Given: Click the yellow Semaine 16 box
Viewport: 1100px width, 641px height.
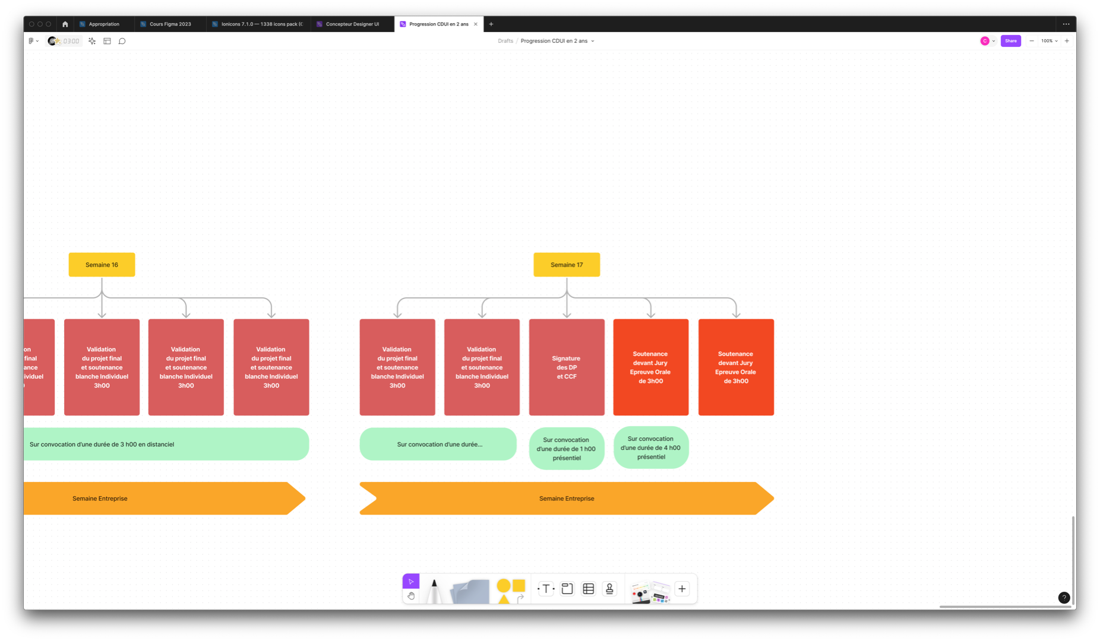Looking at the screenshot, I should [102, 265].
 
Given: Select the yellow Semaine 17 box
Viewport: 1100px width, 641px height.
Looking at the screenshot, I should [567, 265].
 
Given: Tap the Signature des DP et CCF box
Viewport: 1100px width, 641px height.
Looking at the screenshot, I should [567, 367].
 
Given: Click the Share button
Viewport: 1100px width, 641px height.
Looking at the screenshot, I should [1010, 41].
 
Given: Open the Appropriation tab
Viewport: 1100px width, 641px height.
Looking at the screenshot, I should [104, 24].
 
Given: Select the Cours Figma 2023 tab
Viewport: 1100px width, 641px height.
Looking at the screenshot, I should [170, 24].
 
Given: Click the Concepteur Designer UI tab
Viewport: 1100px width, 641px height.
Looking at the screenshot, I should [352, 24].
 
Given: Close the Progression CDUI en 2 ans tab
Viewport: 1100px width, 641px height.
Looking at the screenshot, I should [476, 24].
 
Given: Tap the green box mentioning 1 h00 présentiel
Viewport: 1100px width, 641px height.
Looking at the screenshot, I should [567, 449].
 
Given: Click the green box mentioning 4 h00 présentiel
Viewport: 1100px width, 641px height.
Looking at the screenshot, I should [651, 448].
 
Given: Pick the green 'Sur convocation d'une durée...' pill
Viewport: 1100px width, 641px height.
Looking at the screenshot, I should [438, 444].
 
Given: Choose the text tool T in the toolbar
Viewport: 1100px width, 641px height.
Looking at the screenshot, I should [546, 589].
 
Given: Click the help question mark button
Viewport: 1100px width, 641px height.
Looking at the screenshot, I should [1064, 598].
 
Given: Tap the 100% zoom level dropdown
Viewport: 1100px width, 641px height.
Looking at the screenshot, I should [1049, 41].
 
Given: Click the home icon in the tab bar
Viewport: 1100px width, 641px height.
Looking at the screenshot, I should [65, 24].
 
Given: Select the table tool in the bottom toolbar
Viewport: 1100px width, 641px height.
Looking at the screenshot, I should [589, 589].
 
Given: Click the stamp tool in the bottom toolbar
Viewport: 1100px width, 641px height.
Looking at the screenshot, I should [609, 589].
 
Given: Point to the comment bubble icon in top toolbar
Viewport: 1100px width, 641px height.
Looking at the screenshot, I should [122, 41].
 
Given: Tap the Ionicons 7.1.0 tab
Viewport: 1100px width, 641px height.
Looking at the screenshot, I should [261, 24].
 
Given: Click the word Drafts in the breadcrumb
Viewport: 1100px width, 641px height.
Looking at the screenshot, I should [505, 41].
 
